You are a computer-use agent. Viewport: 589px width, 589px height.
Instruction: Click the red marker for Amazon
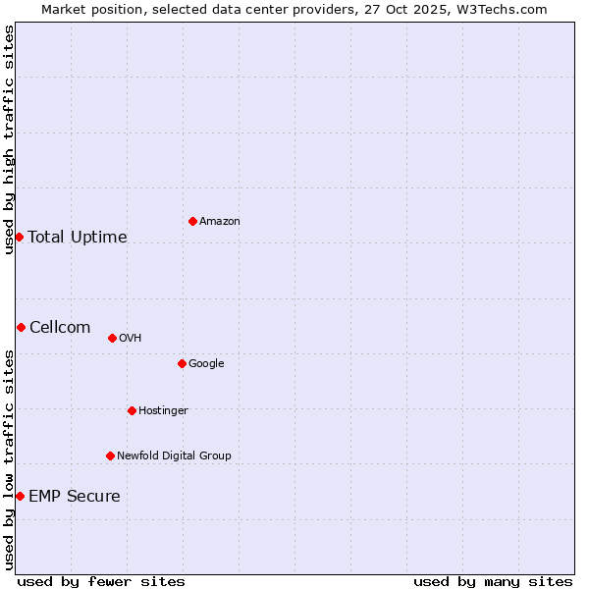point(192,221)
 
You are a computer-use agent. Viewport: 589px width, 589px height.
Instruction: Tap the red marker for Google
point(182,363)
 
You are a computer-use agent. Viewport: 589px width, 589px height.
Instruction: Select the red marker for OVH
point(112,338)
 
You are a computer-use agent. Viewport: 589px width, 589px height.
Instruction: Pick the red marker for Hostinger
point(132,410)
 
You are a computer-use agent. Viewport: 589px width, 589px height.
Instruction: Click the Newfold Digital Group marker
point(110,455)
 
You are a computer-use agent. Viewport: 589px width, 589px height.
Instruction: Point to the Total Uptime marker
point(19,237)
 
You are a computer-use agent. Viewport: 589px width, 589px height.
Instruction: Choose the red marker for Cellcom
point(21,327)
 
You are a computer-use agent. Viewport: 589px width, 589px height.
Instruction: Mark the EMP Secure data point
point(20,496)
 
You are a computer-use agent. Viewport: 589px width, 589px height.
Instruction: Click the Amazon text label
point(220,222)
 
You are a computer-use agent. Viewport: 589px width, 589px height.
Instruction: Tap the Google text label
point(206,364)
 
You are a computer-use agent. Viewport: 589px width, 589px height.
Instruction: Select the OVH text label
point(131,339)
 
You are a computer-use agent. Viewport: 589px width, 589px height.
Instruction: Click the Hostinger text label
point(163,411)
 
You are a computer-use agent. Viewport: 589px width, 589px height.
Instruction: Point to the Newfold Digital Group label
point(174,456)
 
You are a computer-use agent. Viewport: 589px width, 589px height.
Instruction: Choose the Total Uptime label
point(78,238)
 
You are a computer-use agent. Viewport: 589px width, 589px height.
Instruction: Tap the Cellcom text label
point(60,328)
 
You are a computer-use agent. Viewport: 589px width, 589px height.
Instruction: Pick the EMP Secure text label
point(75,497)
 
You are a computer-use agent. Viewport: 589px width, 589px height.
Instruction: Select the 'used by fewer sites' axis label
point(101,582)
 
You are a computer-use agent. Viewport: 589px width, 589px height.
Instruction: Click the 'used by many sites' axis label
point(493,582)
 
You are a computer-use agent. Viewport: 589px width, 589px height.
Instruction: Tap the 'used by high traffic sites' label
point(9,139)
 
